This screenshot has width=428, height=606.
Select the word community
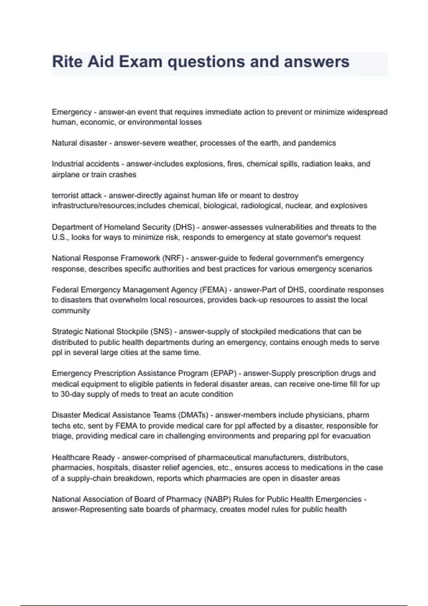(x=71, y=310)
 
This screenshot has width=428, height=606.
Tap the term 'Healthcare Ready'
(x=83, y=457)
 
